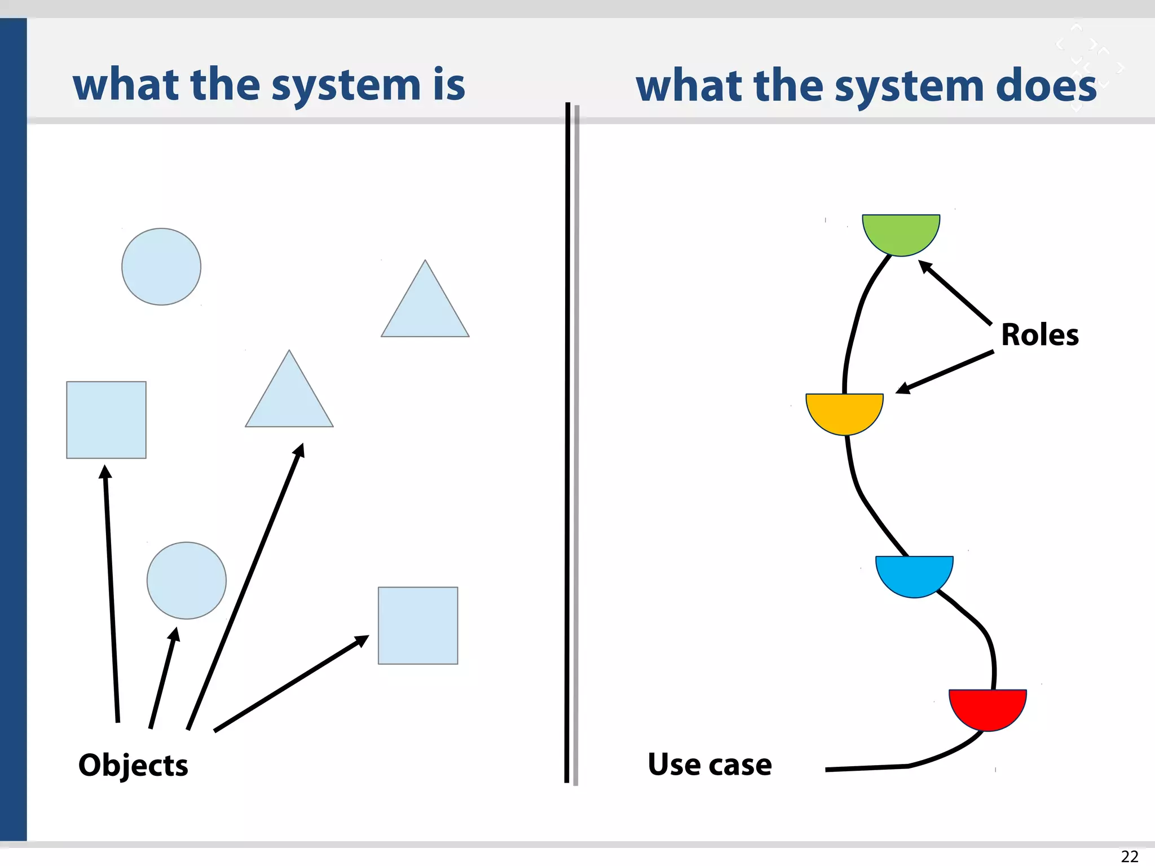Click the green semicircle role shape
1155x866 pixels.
tap(901, 232)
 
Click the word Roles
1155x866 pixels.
tap(1039, 335)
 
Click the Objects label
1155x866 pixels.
tap(133, 765)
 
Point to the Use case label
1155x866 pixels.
tap(709, 765)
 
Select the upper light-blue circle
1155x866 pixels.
tap(161, 267)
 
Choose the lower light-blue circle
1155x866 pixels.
tap(187, 581)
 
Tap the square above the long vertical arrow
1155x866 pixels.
tap(106, 420)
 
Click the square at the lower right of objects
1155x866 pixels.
tap(418, 626)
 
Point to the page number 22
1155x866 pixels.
tap(1129, 856)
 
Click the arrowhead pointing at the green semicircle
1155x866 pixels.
tap(925, 266)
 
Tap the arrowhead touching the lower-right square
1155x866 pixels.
tap(362, 640)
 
